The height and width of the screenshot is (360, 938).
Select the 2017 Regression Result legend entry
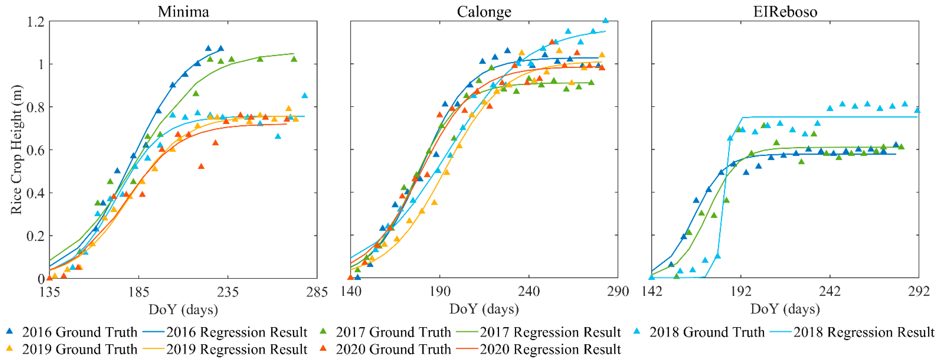(x=550, y=332)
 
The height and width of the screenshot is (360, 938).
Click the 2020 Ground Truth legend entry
(x=393, y=349)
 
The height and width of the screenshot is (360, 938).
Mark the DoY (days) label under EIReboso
(x=785, y=309)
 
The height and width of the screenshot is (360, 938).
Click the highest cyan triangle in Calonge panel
(x=606, y=20)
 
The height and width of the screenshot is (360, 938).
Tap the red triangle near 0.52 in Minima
(x=201, y=166)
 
